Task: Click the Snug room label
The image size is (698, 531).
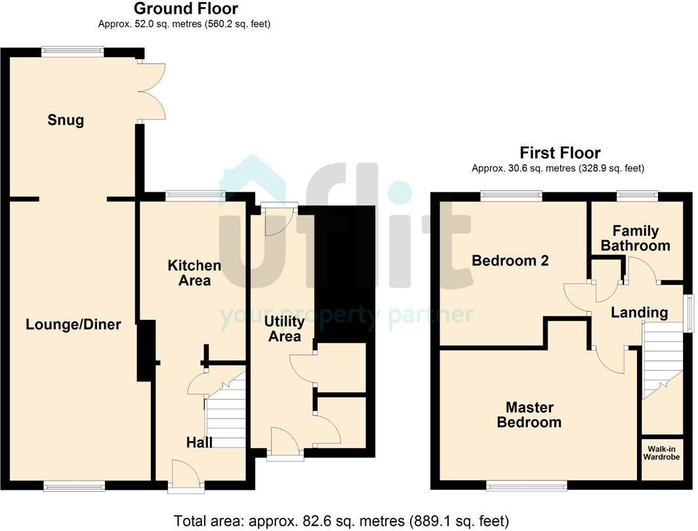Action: click(x=66, y=120)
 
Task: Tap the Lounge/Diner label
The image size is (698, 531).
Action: click(x=73, y=324)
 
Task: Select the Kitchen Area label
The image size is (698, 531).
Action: click(x=195, y=272)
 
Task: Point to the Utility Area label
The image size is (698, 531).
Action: click(x=285, y=328)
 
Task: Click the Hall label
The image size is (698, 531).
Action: click(x=199, y=442)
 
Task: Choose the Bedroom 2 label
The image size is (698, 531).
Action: click(x=510, y=260)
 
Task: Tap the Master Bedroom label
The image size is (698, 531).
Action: click(x=529, y=415)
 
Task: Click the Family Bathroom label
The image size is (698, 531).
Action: click(x=635, y=238)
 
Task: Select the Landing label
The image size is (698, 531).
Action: click(x=639, y=312)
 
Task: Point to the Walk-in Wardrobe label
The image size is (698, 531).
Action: click(x=661, y=453)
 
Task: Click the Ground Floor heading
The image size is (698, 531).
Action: click(x=186, y=9)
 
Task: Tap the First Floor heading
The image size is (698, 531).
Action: click(x=560, y=153)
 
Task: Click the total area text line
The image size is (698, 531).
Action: click(x=341, y=520)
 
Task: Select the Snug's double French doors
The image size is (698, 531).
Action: click(x=152, y=92)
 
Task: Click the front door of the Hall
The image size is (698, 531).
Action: click(x=186, y=477)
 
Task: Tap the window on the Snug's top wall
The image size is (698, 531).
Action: click(x=73, y=52)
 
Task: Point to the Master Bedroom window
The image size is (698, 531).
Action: click(x=527, y=485)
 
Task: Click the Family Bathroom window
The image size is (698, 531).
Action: click(x=637, y=196)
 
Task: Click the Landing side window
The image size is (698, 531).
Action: click(x=689, y=312)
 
